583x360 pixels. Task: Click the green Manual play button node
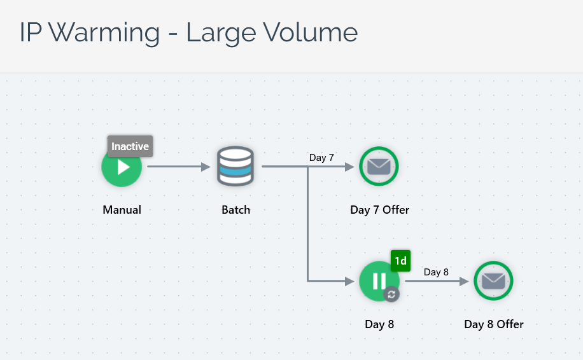point(122,169)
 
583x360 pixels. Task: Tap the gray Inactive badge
point(130,146)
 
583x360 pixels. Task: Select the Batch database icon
point(235,166)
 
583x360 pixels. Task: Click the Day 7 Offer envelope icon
point(379,167)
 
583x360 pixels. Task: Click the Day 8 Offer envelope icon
point(493,280)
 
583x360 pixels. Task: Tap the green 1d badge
point(400,261)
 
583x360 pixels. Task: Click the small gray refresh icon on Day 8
point(391,294)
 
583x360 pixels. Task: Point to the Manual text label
point(122,210)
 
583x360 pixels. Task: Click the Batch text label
point(235,210)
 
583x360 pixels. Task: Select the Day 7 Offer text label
point(379,210)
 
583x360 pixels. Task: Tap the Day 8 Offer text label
point(494,324)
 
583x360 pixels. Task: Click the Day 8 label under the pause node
point(379,324)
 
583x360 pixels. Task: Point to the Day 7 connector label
point(321,158)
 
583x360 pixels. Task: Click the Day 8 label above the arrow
point(436,272)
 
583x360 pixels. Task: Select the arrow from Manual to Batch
point(178,167)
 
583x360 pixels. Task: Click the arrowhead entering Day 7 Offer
point(349,167)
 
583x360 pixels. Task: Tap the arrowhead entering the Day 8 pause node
point(349,280)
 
